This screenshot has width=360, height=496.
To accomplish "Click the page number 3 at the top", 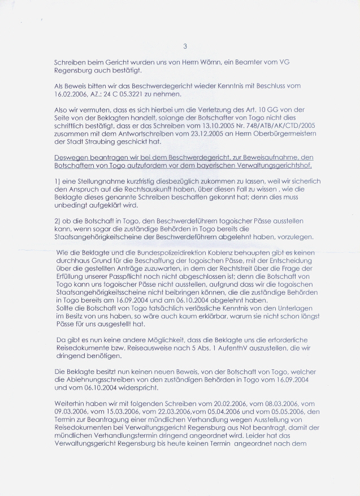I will click(x=185, y=46).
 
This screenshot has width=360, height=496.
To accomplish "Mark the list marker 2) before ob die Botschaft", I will click(x=57, y=219).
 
